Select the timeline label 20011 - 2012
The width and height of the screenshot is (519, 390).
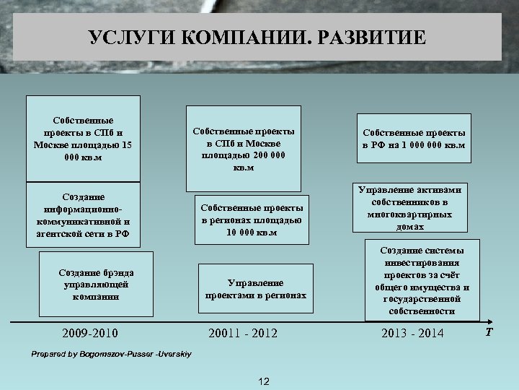[x=242, y=333]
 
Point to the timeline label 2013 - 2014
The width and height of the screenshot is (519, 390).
[x=412, y=333]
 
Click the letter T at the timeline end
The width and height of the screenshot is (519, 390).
[x=489, y=332]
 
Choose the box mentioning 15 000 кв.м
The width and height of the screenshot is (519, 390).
[x=83, y=138]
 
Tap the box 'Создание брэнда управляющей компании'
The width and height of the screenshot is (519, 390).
[x=90, y=284]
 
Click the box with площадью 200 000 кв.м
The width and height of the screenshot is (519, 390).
[x=243, y=149]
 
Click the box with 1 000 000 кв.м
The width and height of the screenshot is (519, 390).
[x=414, y=139]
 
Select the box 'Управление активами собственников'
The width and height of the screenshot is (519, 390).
[x=409, y=207]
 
